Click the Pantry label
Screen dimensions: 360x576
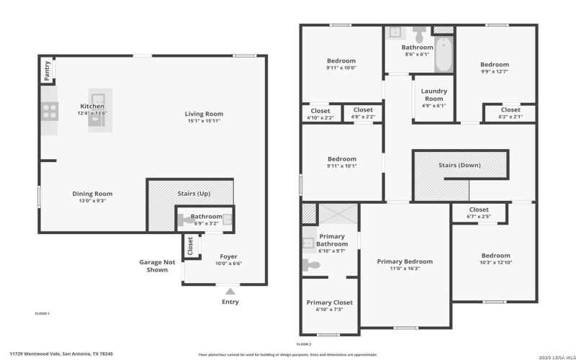coord(47,71)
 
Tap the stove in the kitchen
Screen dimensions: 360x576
coord(49,111)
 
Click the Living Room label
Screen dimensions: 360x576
coord(204,113)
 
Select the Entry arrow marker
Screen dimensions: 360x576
coord(230,290)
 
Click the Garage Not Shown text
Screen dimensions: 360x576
coord(157,266)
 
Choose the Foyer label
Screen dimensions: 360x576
coord(228,256)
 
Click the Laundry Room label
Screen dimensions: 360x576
coord(433,95)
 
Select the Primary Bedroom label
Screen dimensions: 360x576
coord(405,261)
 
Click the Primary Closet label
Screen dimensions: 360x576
coord(329,302)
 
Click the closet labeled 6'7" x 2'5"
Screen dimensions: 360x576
coord(479,213)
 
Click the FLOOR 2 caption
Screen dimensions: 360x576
coord(304,344)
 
